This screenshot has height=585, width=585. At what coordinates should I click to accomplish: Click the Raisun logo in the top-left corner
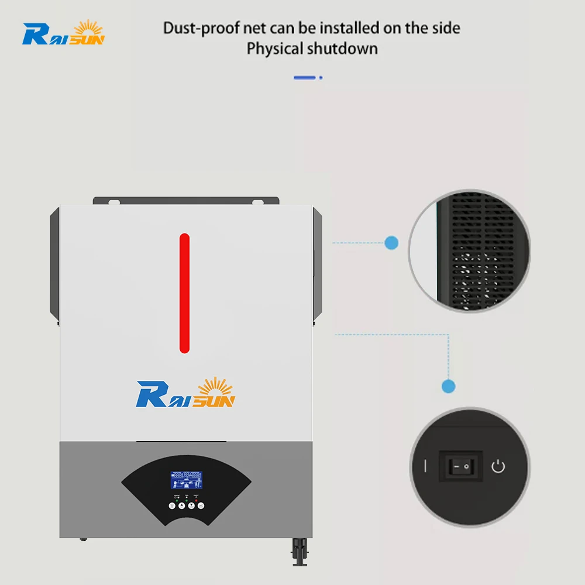tap(63, 33)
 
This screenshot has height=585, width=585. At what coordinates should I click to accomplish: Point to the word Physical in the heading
tap(273, 48)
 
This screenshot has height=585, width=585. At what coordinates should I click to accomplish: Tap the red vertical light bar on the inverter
tap(184, 293)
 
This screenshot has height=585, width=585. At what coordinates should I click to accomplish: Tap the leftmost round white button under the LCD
tap(172, 505)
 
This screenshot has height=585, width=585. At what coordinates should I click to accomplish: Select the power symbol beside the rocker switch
tap(498, 467)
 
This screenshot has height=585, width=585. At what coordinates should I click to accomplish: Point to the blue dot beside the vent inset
tap(391, 242)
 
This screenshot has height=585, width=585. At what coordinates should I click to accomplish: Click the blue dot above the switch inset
tap(448, 386)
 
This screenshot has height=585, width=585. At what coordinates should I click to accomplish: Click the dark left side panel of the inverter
tap(54, 263)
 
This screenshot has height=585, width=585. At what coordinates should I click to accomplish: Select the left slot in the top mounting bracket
tap(114, 202)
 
